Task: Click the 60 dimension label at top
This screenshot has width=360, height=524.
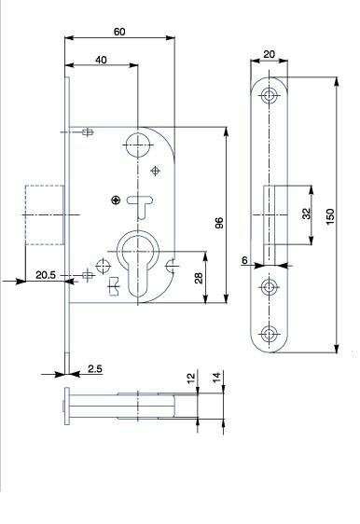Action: click(119, 32)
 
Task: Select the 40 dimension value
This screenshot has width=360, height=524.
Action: click(101, 60)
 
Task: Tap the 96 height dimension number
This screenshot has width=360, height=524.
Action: click(219, 223)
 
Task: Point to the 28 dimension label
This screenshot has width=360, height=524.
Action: click(199, 278)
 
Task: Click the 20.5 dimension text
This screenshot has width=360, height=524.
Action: click(46, 275)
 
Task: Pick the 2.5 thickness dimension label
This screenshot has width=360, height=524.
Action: click(95, 369)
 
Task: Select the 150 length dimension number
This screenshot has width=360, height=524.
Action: click(330, 216)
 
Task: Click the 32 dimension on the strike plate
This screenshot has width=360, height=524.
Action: click(306, 214)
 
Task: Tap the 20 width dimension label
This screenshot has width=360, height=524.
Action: click(270, 54)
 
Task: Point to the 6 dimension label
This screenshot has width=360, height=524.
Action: click(244, 260)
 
